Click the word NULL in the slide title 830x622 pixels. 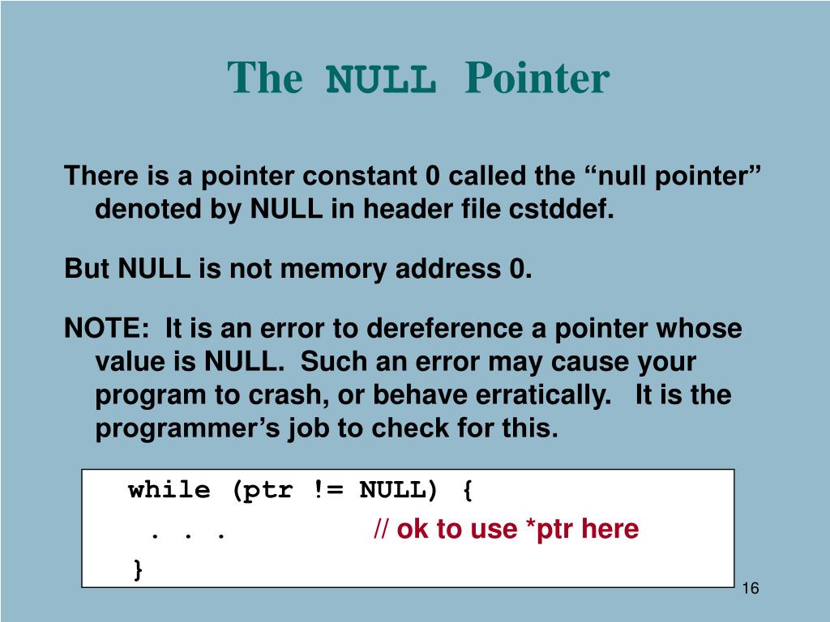(x=379, y=79)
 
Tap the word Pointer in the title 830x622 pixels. (x=536, y=79)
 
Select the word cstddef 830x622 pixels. (x=561, y=210)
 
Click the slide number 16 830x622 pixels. (x=750, y=588)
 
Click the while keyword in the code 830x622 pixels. (x=169, y=490)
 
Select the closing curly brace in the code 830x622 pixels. (x=138, y=569)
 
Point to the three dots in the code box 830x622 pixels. (x=186, y=534)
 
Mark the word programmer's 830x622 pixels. (x=188, y=428)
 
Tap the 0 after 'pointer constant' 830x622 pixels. (x=433, y=176)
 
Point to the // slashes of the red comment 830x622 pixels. (x=381, y=530)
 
